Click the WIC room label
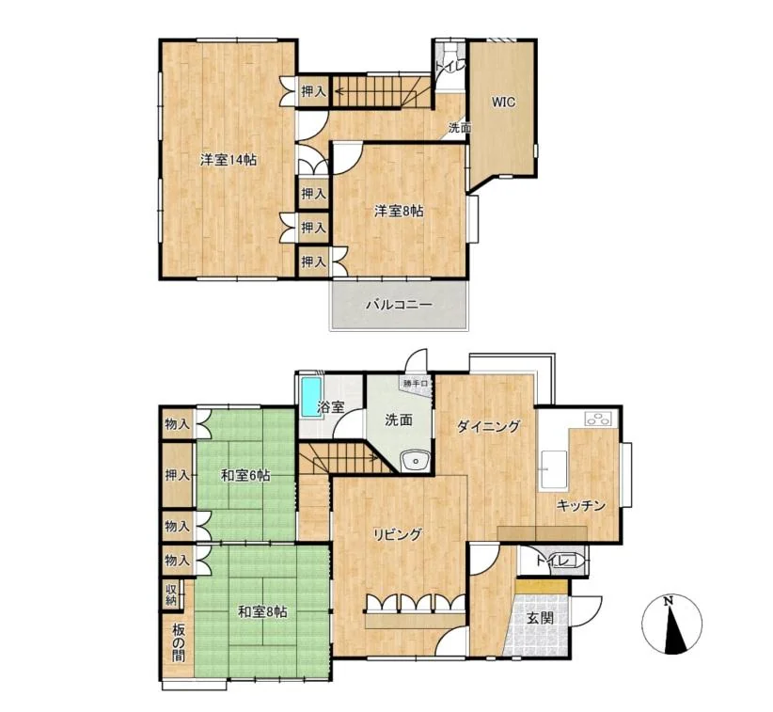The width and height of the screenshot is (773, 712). (x=503, y=103)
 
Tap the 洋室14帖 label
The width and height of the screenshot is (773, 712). (x=228, y=160)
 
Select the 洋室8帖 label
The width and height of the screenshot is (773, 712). (x=399, y=211)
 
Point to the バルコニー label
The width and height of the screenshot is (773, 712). (x=399, y=305)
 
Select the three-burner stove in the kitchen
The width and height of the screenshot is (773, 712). (x=601, y=418)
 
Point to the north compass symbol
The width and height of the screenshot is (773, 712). (x=672, y=625)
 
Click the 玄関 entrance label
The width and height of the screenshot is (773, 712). (x=541, y=618)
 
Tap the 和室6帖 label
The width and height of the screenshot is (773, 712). (x=245, y=476)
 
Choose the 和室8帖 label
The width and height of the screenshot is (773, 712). (x=262, y=612)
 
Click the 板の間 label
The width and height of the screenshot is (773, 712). (x=178, y=642)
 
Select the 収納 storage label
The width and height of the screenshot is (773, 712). (x=171, y=594)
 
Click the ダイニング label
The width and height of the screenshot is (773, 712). (x=488, y=426)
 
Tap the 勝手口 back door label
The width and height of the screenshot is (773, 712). (x=416, y=383)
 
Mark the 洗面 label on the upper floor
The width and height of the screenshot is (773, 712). (x=459, y=127)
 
